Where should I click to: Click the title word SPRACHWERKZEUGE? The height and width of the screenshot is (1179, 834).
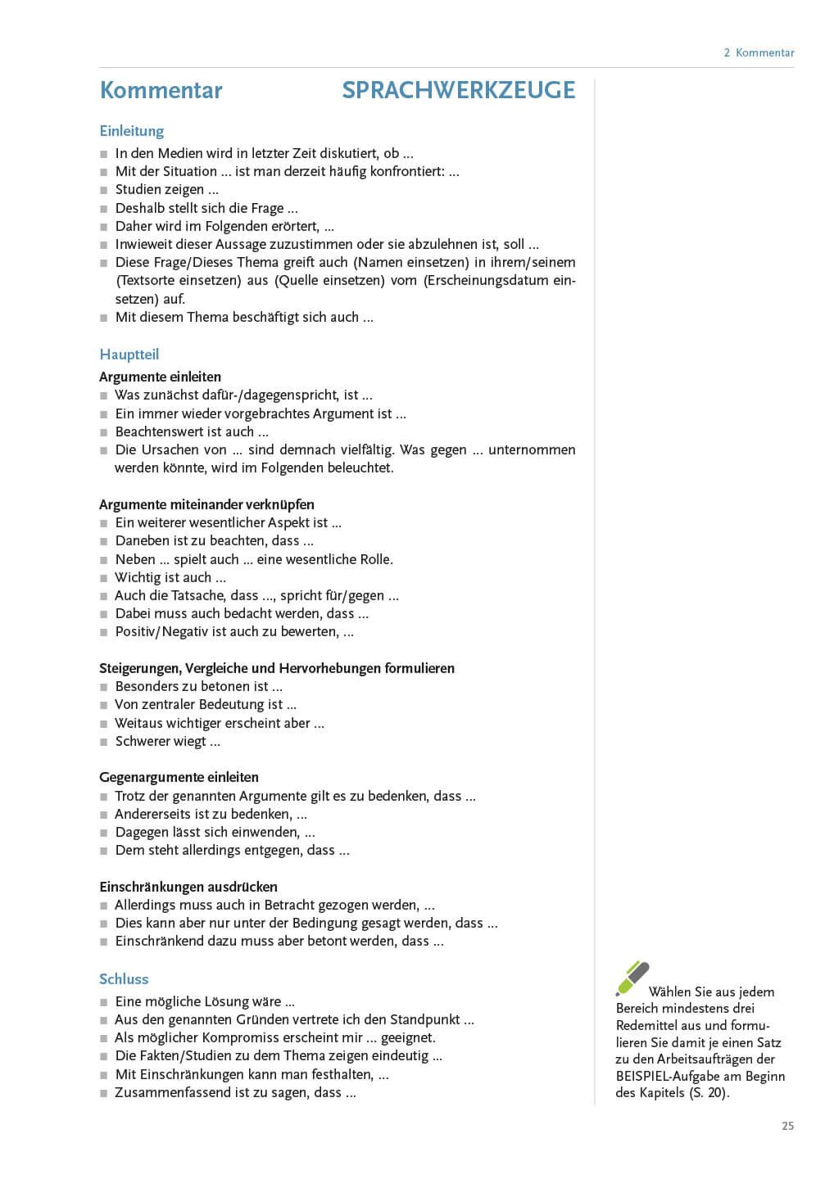[x=458, y=90]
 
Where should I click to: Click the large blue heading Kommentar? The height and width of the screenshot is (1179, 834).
[x=161, y=90]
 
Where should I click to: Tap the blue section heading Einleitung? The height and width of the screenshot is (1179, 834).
[x=131, y=131]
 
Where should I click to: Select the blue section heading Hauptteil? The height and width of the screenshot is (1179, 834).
[x=129, y=355]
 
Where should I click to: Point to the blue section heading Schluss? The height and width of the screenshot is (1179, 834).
[x=124, y=979]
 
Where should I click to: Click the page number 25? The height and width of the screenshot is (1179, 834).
[x=787, y=1126]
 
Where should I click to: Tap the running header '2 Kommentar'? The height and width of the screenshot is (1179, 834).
[x=759, y=52]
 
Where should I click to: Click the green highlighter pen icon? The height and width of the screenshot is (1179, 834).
[x=632, y=978]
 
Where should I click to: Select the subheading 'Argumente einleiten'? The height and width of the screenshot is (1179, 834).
[x=160, y=377]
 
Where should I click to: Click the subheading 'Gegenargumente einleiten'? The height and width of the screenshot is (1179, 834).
[x=179, y=777]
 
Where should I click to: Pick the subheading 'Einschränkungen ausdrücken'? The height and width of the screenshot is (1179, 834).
[x=188, y=887]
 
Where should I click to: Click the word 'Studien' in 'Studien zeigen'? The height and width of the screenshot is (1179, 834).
[x=136, y=189]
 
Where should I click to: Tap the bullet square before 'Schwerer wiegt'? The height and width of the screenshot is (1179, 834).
[x=104, y=742]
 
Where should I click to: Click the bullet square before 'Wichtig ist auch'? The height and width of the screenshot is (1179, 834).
[x=104, y=578]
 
